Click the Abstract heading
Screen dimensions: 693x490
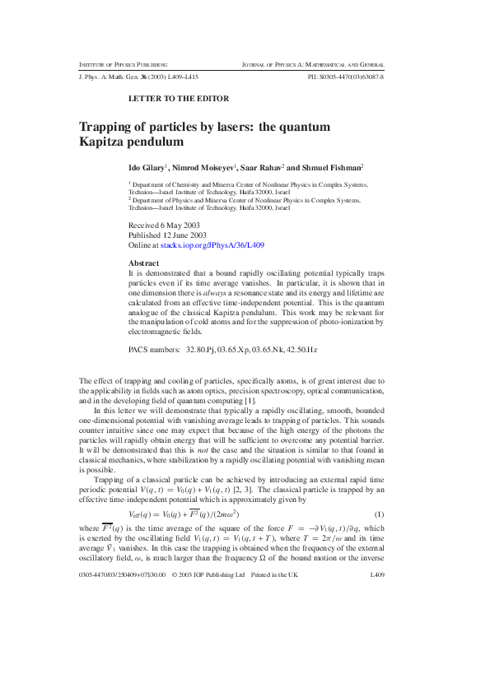click(x=144, y=263)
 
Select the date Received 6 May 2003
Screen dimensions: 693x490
click(x=164, y=225)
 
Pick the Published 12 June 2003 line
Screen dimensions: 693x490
click(x=166, y=235)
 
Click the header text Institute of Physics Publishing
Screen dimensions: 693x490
click(x=123, y=64)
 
